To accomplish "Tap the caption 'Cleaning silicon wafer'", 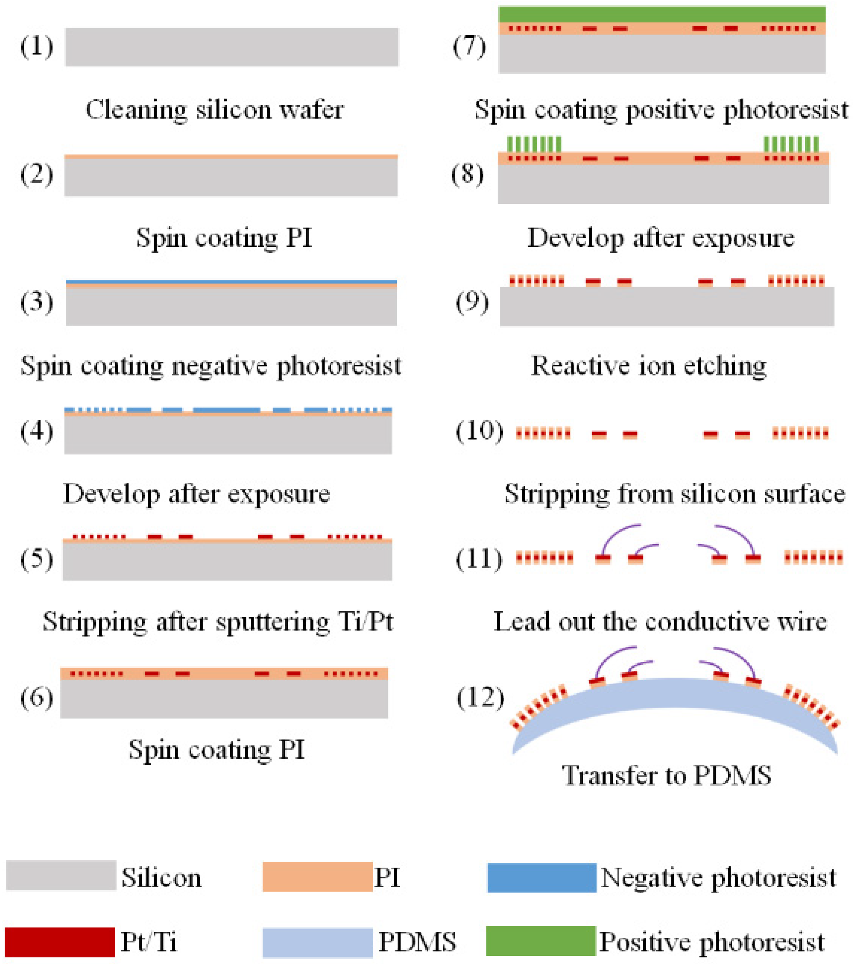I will pyautogui.click(x=214, y=110).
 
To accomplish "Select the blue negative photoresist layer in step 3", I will pyautogui.click(x=231, y=281).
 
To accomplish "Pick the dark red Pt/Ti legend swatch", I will pyautogui.click(x=60, y=942).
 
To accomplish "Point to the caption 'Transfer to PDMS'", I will pyautogui.click(x=666, y=775).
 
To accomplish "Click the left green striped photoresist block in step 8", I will pyautogui.click(x=534, y=144).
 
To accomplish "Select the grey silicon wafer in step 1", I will pyautogui.click(x=232, y=47).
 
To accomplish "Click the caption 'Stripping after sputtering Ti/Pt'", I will pyautogui.click(x=218, y=622).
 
